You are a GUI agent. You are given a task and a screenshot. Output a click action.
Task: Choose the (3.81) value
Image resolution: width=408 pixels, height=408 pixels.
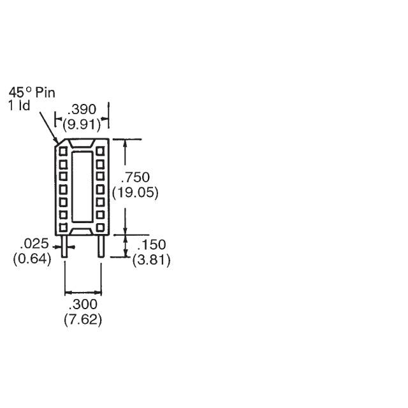152,260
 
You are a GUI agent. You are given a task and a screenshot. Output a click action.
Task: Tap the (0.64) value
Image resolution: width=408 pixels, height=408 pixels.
32,259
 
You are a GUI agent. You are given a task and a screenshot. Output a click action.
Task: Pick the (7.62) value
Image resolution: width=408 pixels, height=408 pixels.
83,319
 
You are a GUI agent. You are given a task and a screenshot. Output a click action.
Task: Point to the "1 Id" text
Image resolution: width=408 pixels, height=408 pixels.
20,106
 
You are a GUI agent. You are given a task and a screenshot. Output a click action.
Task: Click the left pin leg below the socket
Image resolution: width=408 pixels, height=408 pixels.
65,246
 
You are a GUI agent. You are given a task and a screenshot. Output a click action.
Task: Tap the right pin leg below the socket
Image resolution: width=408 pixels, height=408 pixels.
101,246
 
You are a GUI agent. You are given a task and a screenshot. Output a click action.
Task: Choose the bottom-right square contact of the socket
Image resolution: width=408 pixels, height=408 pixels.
100,227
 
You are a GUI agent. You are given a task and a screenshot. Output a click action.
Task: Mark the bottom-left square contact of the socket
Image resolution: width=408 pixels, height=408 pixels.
64,227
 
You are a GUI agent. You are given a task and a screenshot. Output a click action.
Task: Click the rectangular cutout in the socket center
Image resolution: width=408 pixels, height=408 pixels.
82,189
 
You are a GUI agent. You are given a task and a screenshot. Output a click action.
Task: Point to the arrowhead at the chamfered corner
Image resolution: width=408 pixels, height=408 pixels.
57,142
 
